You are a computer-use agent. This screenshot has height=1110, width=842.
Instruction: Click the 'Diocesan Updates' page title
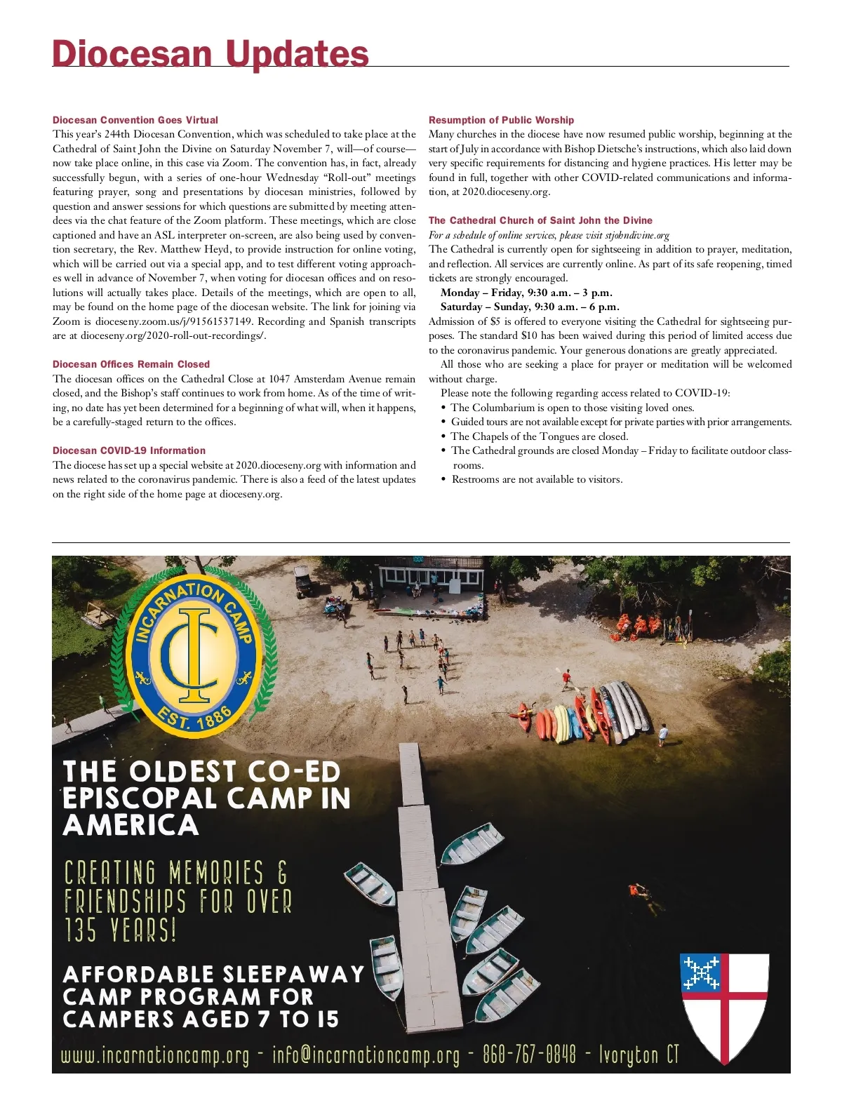210,53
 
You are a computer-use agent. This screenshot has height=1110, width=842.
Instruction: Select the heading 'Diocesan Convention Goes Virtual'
135,120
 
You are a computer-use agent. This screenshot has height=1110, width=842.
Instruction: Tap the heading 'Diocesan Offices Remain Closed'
131,364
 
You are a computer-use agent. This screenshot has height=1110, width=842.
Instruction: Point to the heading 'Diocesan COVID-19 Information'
129,450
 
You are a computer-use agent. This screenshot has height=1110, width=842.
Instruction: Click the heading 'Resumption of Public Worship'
501,120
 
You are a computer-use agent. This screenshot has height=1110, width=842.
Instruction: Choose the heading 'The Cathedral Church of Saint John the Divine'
540,220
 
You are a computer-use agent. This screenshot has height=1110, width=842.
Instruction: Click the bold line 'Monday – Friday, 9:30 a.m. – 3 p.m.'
526,293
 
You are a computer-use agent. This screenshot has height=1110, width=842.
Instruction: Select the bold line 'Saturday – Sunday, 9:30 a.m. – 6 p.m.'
530,307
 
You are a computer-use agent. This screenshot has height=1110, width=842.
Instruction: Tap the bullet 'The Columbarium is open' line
572,408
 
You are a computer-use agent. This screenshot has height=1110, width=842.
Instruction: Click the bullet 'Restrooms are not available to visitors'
537,479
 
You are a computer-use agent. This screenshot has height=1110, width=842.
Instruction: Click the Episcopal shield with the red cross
725,1005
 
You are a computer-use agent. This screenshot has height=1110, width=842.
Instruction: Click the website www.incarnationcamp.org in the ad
155,1056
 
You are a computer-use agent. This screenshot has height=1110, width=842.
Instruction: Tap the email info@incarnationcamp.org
366,1056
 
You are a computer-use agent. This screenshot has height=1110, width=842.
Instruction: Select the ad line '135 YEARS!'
120,930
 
